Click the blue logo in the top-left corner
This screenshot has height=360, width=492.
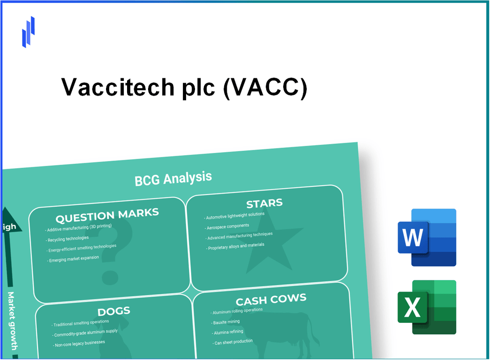28,32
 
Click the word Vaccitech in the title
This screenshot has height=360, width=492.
118,87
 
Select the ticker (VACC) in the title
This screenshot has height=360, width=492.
265,87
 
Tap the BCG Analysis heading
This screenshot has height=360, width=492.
173,178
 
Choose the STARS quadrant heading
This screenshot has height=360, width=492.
264,204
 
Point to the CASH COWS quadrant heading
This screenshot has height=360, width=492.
271,299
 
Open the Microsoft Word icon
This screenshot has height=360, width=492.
427,237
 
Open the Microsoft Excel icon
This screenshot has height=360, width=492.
427,307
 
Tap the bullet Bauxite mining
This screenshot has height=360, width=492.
226,322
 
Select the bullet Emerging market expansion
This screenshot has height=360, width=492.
73,259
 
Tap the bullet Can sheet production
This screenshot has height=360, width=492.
233,342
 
